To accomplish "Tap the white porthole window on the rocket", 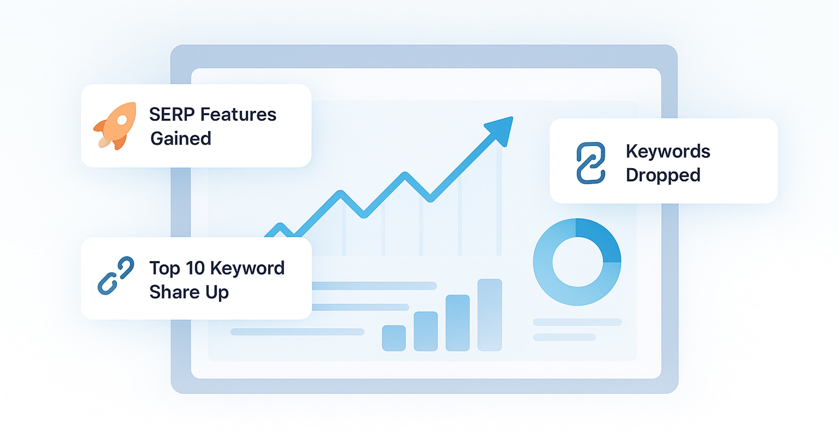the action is (x=122, y=120).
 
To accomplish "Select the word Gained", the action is (x=181, y=139).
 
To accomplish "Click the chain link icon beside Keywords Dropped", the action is (x=591, y=163).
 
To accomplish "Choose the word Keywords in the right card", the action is (x=668, y=151).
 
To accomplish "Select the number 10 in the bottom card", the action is (x=195, y=268).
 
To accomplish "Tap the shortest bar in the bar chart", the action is (x=394, y=338).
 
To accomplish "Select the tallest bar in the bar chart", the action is (x=489, y=315).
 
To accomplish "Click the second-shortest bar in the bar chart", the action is (x=426, y=331).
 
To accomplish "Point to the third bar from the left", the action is (x=458, y=323).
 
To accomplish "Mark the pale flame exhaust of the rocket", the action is (x=104, y=142).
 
